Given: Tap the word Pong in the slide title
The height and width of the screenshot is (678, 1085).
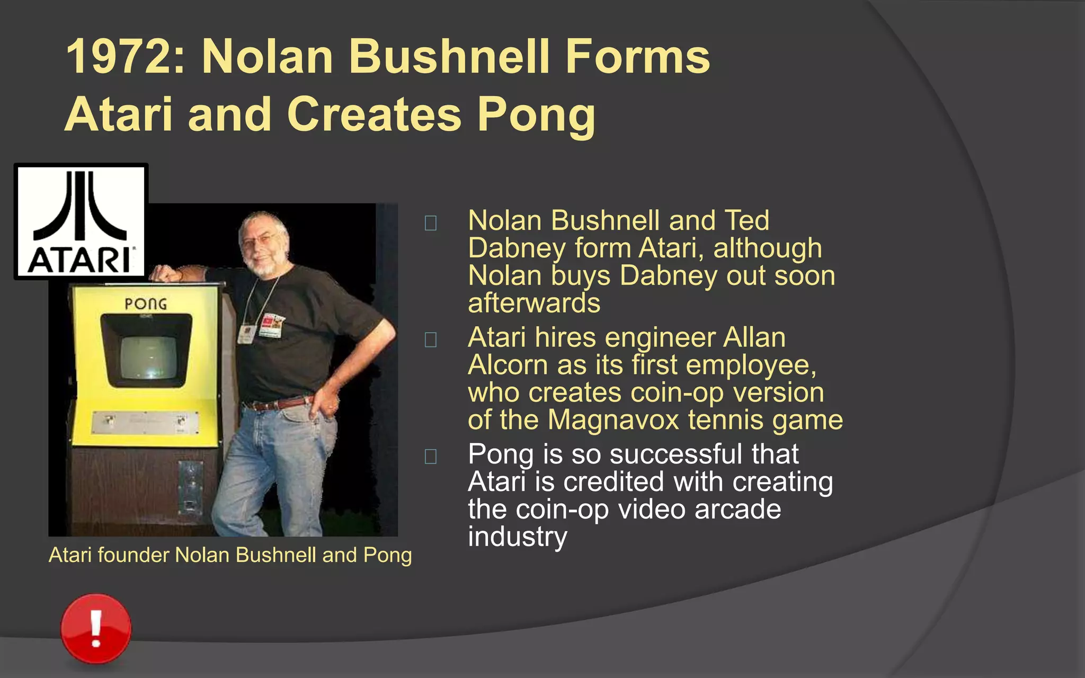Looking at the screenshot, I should [536, 115].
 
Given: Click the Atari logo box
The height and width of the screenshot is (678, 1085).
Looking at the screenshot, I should [81, 221].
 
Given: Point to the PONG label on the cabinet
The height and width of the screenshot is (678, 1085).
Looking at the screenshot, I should [146, 304].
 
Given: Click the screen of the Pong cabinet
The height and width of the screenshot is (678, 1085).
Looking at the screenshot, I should [148, 358].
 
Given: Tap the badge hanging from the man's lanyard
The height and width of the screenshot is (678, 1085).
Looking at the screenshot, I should [272, 325].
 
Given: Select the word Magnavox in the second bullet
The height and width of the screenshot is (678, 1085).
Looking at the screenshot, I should [613, 420].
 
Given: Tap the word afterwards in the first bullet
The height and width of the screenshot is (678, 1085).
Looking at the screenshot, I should [534, 303].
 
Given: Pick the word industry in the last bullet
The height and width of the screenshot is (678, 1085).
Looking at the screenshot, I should [517, 537].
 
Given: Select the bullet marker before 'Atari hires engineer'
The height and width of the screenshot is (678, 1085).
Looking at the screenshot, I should [431, 340].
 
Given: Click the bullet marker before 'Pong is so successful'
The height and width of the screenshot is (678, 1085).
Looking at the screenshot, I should [431, 456].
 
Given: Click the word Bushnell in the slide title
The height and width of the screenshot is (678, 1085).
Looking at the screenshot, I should [449, 57].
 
